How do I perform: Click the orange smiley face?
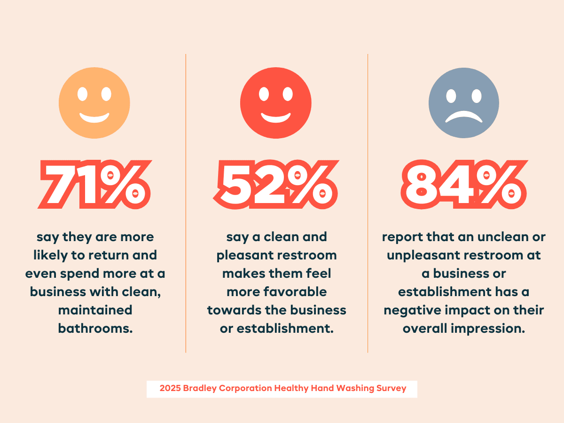[94, 103]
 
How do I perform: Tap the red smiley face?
[276, 103]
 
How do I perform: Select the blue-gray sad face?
[464, 103]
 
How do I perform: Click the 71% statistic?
[94, 184]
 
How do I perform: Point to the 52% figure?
[276, 184]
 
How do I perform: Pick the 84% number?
[464, 184]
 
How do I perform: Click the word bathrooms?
[95, 328]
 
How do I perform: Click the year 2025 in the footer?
[170, 388]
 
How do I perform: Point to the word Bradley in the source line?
[200, 388]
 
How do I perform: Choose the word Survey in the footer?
[392, 388]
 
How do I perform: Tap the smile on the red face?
[276, 117]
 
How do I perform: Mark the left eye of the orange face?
[82, 94]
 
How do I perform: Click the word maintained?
[95, 310]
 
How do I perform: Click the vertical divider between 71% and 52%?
[186, 203]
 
